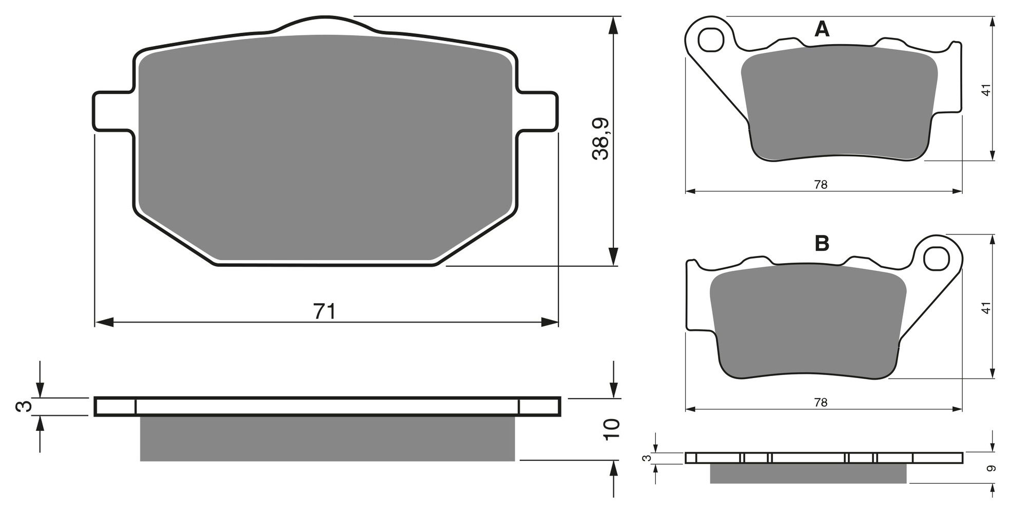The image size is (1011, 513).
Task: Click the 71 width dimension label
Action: [324, 311]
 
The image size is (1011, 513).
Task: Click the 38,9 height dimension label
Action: [600, 139]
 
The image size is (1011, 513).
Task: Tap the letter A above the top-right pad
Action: [822, 29]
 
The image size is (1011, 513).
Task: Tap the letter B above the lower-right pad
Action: [822, 244]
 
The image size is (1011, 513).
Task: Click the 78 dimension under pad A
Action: [821, 184]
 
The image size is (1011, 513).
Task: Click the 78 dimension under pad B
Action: [821, 402]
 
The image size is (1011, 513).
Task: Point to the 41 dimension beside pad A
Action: [986, 90]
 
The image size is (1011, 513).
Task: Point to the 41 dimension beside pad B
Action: [986, 308]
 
